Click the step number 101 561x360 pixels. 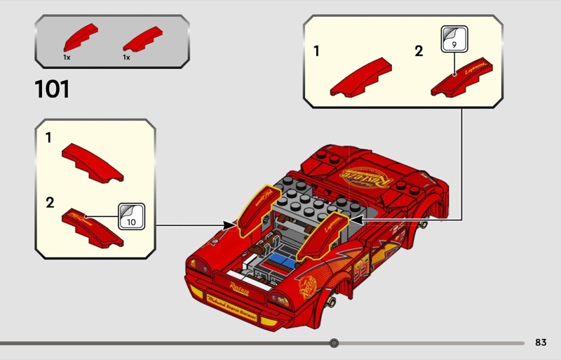[52, 90]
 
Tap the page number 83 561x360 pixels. [540, 342]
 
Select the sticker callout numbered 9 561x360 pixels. [452, 39]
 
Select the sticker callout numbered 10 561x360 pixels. [131, 215]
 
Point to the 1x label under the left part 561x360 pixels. [67, 58]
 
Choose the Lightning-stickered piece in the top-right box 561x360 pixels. [459, 79]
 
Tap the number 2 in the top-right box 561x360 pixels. [419, 51]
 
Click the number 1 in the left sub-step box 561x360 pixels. [48, 138]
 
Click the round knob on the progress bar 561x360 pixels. [334, 343]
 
